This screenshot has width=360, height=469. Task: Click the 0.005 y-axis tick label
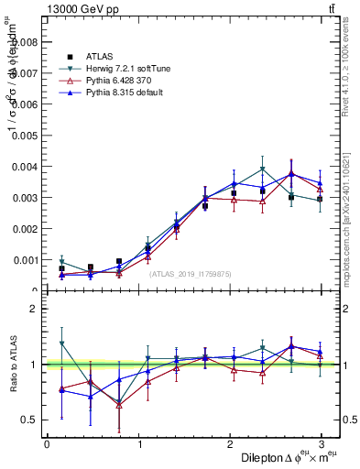[x=22, y=135]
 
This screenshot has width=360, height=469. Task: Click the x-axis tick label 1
[x=138, y=444]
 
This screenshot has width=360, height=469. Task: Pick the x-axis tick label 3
[x=322, y=444]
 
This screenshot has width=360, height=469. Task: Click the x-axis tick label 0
[x=47, y=444]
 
